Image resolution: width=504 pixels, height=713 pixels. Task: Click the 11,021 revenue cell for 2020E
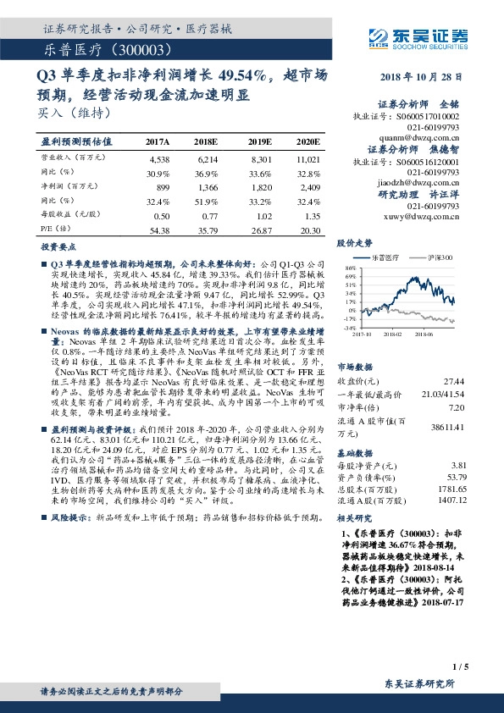click(308, 158)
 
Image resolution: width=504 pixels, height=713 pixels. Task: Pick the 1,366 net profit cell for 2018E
click(208, 186)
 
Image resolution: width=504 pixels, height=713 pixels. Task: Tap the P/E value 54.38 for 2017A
click(158, 229)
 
